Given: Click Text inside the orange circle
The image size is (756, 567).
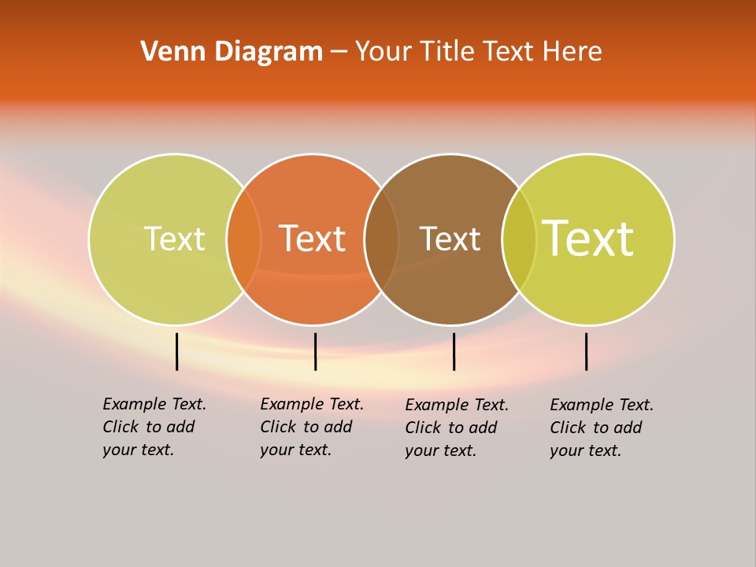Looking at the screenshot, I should point(313,239).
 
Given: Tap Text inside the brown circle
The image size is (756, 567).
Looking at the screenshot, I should point(450,239).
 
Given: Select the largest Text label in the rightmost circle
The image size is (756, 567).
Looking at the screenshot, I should point(588,239).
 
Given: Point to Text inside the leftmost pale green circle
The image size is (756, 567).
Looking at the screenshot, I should point(174,239).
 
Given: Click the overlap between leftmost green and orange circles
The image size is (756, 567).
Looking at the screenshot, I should point(243,239).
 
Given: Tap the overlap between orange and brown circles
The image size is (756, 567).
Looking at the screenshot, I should point(381,239).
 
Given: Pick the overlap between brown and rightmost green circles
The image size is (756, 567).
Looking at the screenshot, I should point(519,239).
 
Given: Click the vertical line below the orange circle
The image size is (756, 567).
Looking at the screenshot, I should point(315,351).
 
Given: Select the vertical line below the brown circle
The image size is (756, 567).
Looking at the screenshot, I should point(454,351).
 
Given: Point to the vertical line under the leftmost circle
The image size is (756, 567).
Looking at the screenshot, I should point(176,351).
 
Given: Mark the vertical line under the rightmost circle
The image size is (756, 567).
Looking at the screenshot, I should point(586,351).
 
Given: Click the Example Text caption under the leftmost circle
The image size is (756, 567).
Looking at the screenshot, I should point(154,427).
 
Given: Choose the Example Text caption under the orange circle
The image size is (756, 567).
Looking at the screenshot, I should point(312,427).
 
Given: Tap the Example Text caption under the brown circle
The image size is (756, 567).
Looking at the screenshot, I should point(457,428).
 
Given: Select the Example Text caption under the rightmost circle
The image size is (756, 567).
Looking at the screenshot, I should point(602,428).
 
